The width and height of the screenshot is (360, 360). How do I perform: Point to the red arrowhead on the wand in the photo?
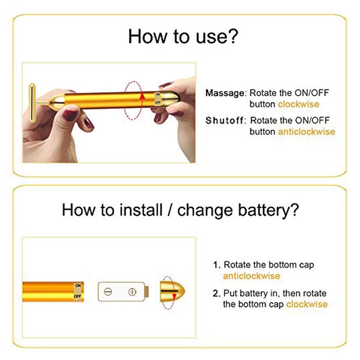(142, 95)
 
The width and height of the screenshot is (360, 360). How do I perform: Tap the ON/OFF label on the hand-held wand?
(158, 98)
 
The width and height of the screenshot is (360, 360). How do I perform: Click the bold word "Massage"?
(225, 93)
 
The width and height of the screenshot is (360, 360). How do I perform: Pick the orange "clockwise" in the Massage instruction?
(298, 104)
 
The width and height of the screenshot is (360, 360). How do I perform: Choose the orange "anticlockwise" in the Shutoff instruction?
(306, 132)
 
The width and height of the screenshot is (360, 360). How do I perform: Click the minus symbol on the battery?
(108, 292)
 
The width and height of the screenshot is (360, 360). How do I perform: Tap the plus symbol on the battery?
(132, 292)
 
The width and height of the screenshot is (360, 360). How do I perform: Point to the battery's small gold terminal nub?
(147, 292)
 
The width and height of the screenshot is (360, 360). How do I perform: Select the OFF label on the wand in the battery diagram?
(77, 296)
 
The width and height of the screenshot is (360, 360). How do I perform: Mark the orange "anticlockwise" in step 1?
(251, 276)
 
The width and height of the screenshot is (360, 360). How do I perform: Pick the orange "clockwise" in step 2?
(307, 304)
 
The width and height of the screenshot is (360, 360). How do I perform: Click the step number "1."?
(217, 265)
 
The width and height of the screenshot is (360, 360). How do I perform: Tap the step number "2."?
(217, 293)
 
